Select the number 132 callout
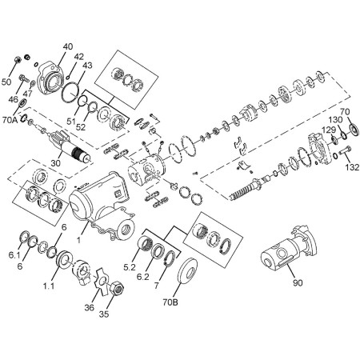[x=350, y=168]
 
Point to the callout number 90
[x=298, y=283]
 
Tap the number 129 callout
[x=329, y=130]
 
